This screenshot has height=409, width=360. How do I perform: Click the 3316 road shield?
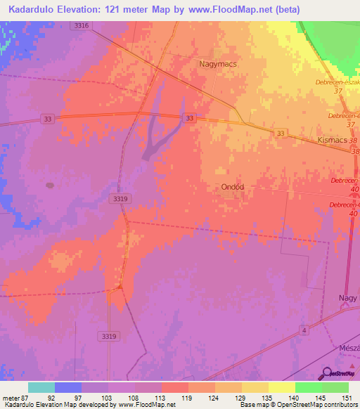(81, 25)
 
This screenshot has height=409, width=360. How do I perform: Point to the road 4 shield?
(302, 330)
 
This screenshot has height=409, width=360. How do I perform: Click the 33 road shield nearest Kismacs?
(281, 133)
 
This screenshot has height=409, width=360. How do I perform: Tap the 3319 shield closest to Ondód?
(120, 200)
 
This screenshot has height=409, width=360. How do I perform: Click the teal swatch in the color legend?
(41, 387)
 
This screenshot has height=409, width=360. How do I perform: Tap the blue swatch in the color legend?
(68, 387)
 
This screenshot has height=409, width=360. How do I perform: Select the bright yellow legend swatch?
(281, 387)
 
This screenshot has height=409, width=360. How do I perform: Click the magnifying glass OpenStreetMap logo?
(327, 372)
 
